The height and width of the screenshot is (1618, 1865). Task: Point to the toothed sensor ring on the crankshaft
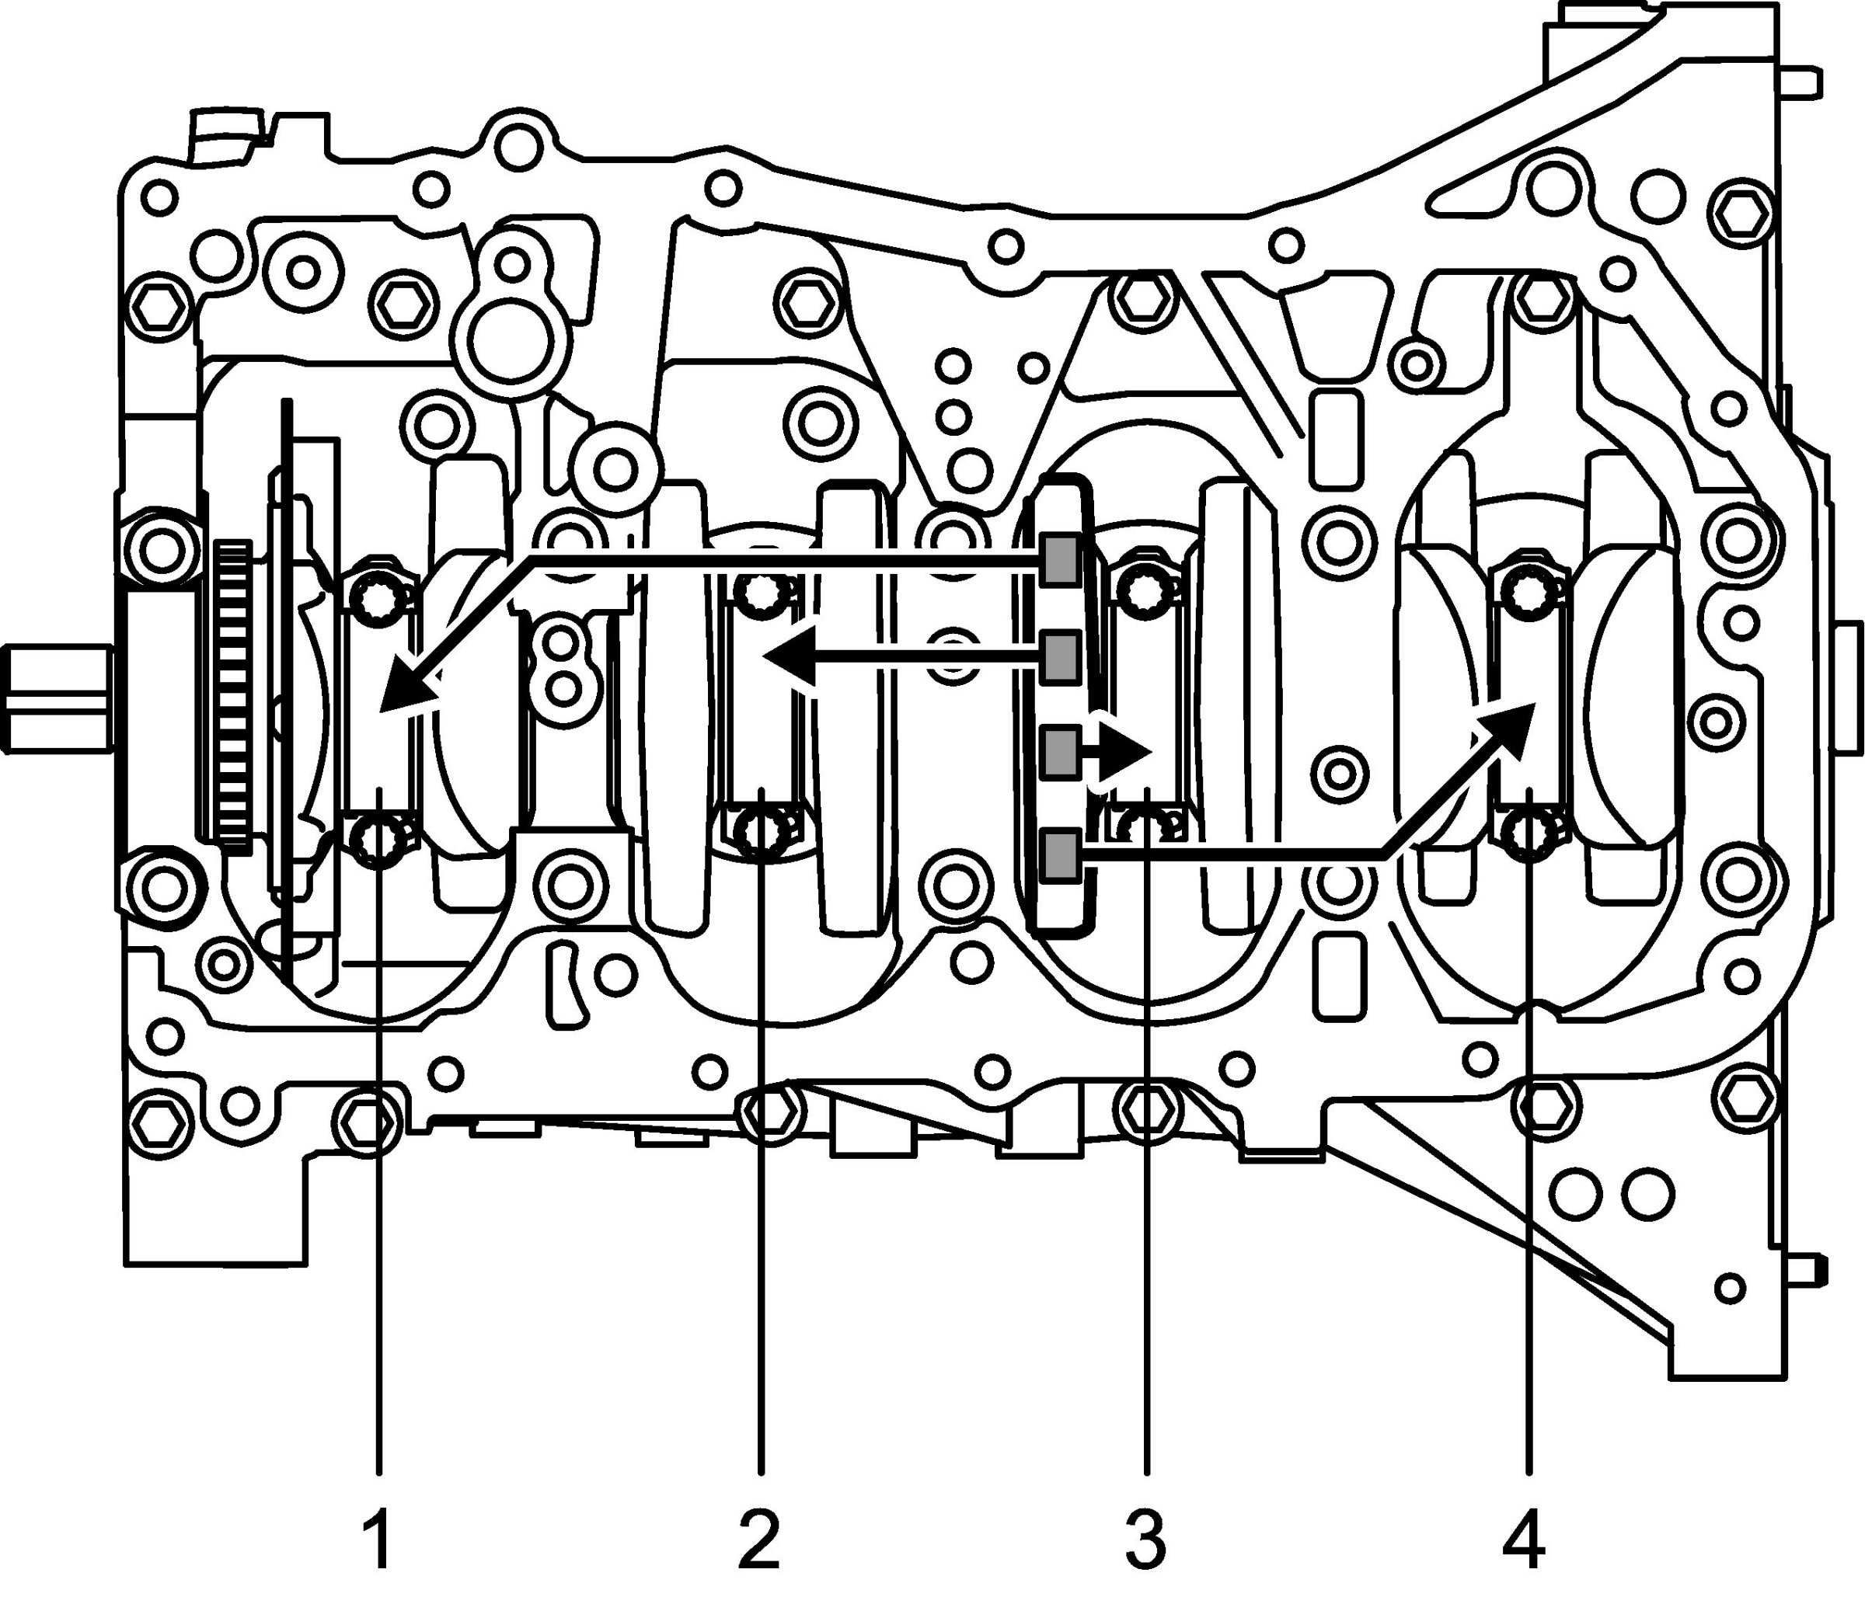pos(234,695)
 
